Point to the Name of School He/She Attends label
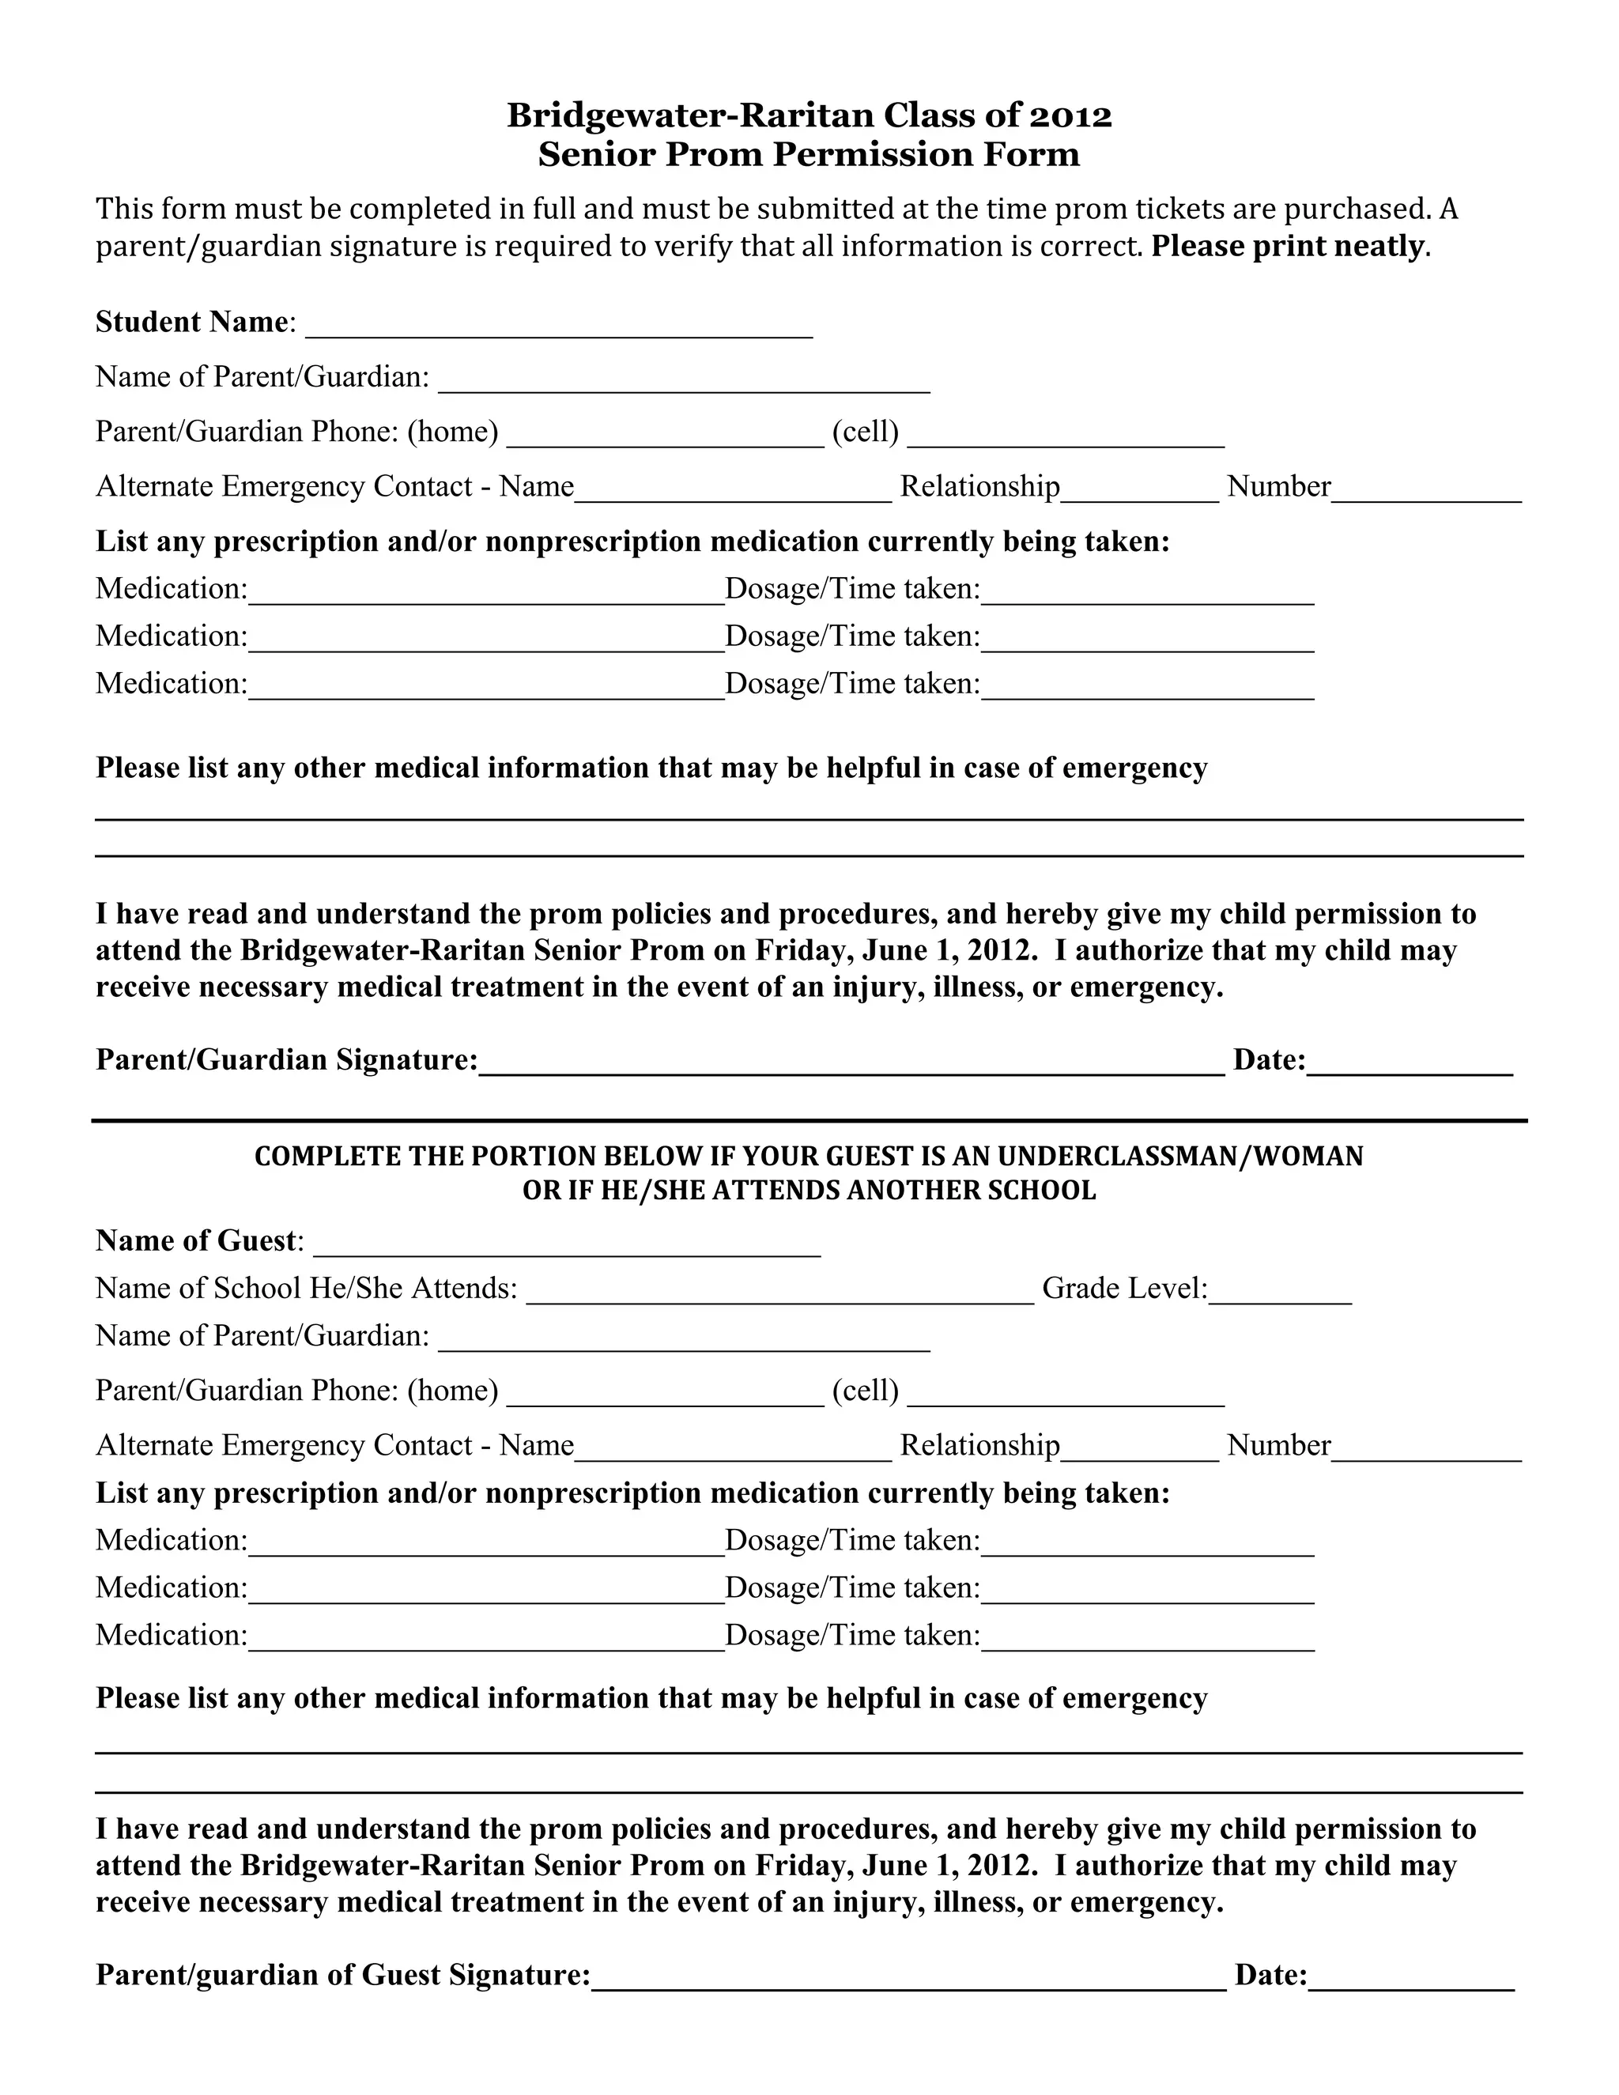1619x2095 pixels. pyautogui.click(x=306, y=1289)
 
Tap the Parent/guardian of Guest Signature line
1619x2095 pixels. pyautogui.click(x=908, y=1978)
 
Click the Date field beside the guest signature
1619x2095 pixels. pyautogui.click(x=1411, y=1978)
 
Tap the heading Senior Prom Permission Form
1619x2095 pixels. pyautogui.click(x=809, y=154)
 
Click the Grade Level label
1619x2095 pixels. pyautogui.click(x=1124, y=1289)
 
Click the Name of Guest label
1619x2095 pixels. pyautogui.click(x=197, y=1241)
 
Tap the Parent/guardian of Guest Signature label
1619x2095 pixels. pyautogui.click(x=342, y=1975)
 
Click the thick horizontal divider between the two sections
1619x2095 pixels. pyautogui.click(x=809, y=1120)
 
